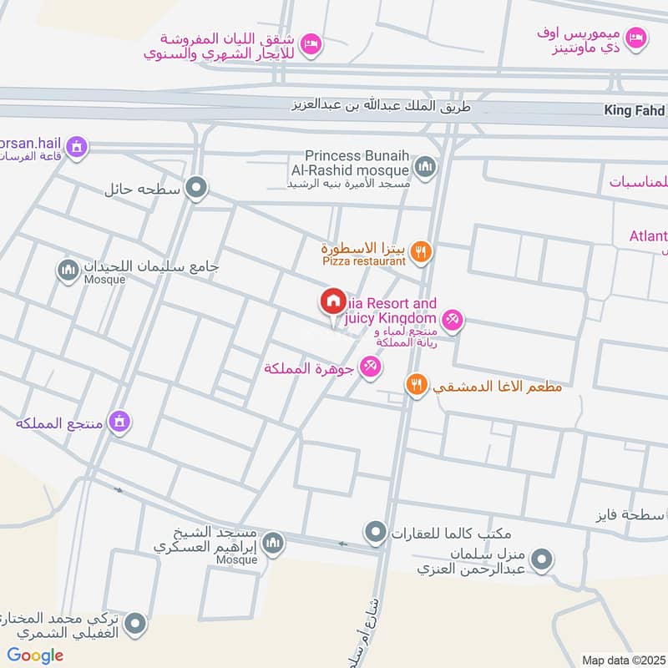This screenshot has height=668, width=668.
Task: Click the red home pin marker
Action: tap(332, 301)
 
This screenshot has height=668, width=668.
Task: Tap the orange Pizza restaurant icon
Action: tap(421, 250)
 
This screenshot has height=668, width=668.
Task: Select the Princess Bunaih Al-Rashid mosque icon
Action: tap(426, 167)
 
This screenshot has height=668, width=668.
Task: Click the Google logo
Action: tap(35, 655)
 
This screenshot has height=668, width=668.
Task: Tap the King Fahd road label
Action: tap(635, 110)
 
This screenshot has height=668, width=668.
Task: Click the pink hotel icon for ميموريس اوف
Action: tap(637, 38)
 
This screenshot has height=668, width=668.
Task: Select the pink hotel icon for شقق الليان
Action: tap(311, 43)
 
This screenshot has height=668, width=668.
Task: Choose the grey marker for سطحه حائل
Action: tap(197, 188)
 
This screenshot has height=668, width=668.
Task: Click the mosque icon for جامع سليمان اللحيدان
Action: tap(67, 270)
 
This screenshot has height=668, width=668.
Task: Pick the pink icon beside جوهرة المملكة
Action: tap(370, 367)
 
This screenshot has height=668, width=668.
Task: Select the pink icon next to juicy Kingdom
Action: tap(453, 318)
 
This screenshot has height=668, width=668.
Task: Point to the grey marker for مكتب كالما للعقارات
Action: tap(376, 531)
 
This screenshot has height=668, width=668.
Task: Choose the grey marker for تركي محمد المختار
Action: tap(136, 622)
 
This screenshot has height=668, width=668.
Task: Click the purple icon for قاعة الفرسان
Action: tap(78, 147)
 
